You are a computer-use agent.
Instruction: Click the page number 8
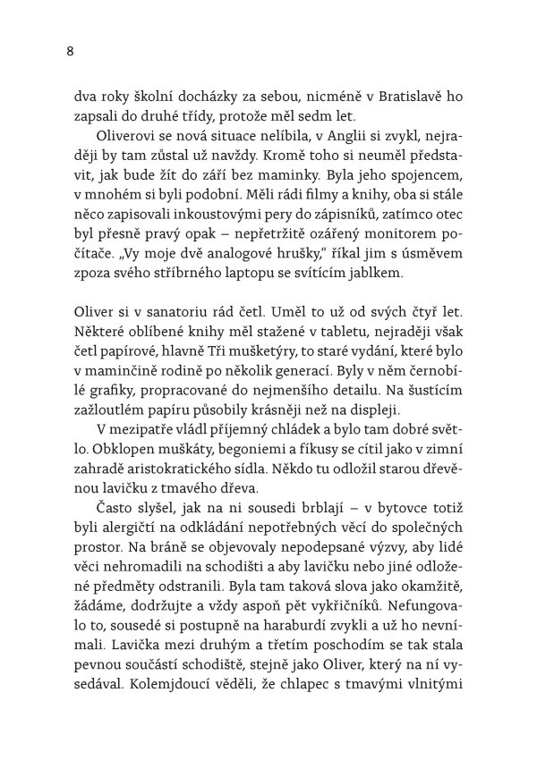[x=71, y=51]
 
